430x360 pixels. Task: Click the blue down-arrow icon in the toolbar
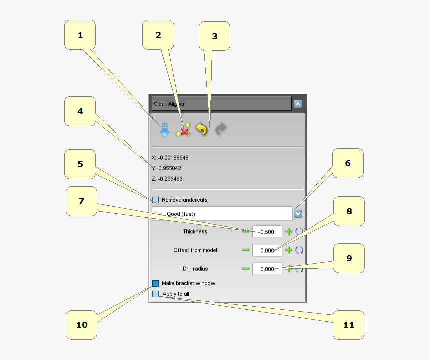(165, 129)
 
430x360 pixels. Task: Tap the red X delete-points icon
(183, 130)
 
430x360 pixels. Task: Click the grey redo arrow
(221, 129)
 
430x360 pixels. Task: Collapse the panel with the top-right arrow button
(298, 104)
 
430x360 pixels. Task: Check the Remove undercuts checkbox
(155, 200)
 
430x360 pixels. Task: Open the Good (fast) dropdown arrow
(298, 214)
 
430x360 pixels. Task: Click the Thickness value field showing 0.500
(267, 232)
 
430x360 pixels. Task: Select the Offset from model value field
(267, 250)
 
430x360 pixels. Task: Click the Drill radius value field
(267, 269)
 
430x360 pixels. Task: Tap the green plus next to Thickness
(289, 232)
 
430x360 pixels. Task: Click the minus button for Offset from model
(246, 250)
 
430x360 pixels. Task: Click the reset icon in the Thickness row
(299, 232)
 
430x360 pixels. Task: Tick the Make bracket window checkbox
(155, 283)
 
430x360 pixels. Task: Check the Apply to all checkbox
(155, 294)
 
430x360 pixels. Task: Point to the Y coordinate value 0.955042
(170, 168)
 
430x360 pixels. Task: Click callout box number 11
(348, 325)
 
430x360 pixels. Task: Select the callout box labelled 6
(348, 163)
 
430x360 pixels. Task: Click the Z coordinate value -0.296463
(170, 179)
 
